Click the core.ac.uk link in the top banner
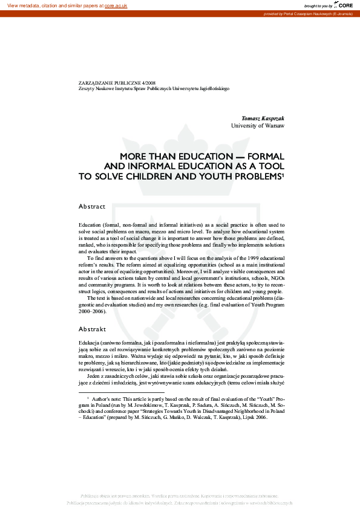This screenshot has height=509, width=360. point(116,5)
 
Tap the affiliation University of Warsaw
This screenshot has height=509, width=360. point(257,126)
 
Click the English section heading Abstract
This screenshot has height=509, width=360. point(92,207)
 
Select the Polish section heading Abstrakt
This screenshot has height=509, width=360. point(92,329)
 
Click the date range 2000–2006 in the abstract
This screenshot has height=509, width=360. point(92,312)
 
